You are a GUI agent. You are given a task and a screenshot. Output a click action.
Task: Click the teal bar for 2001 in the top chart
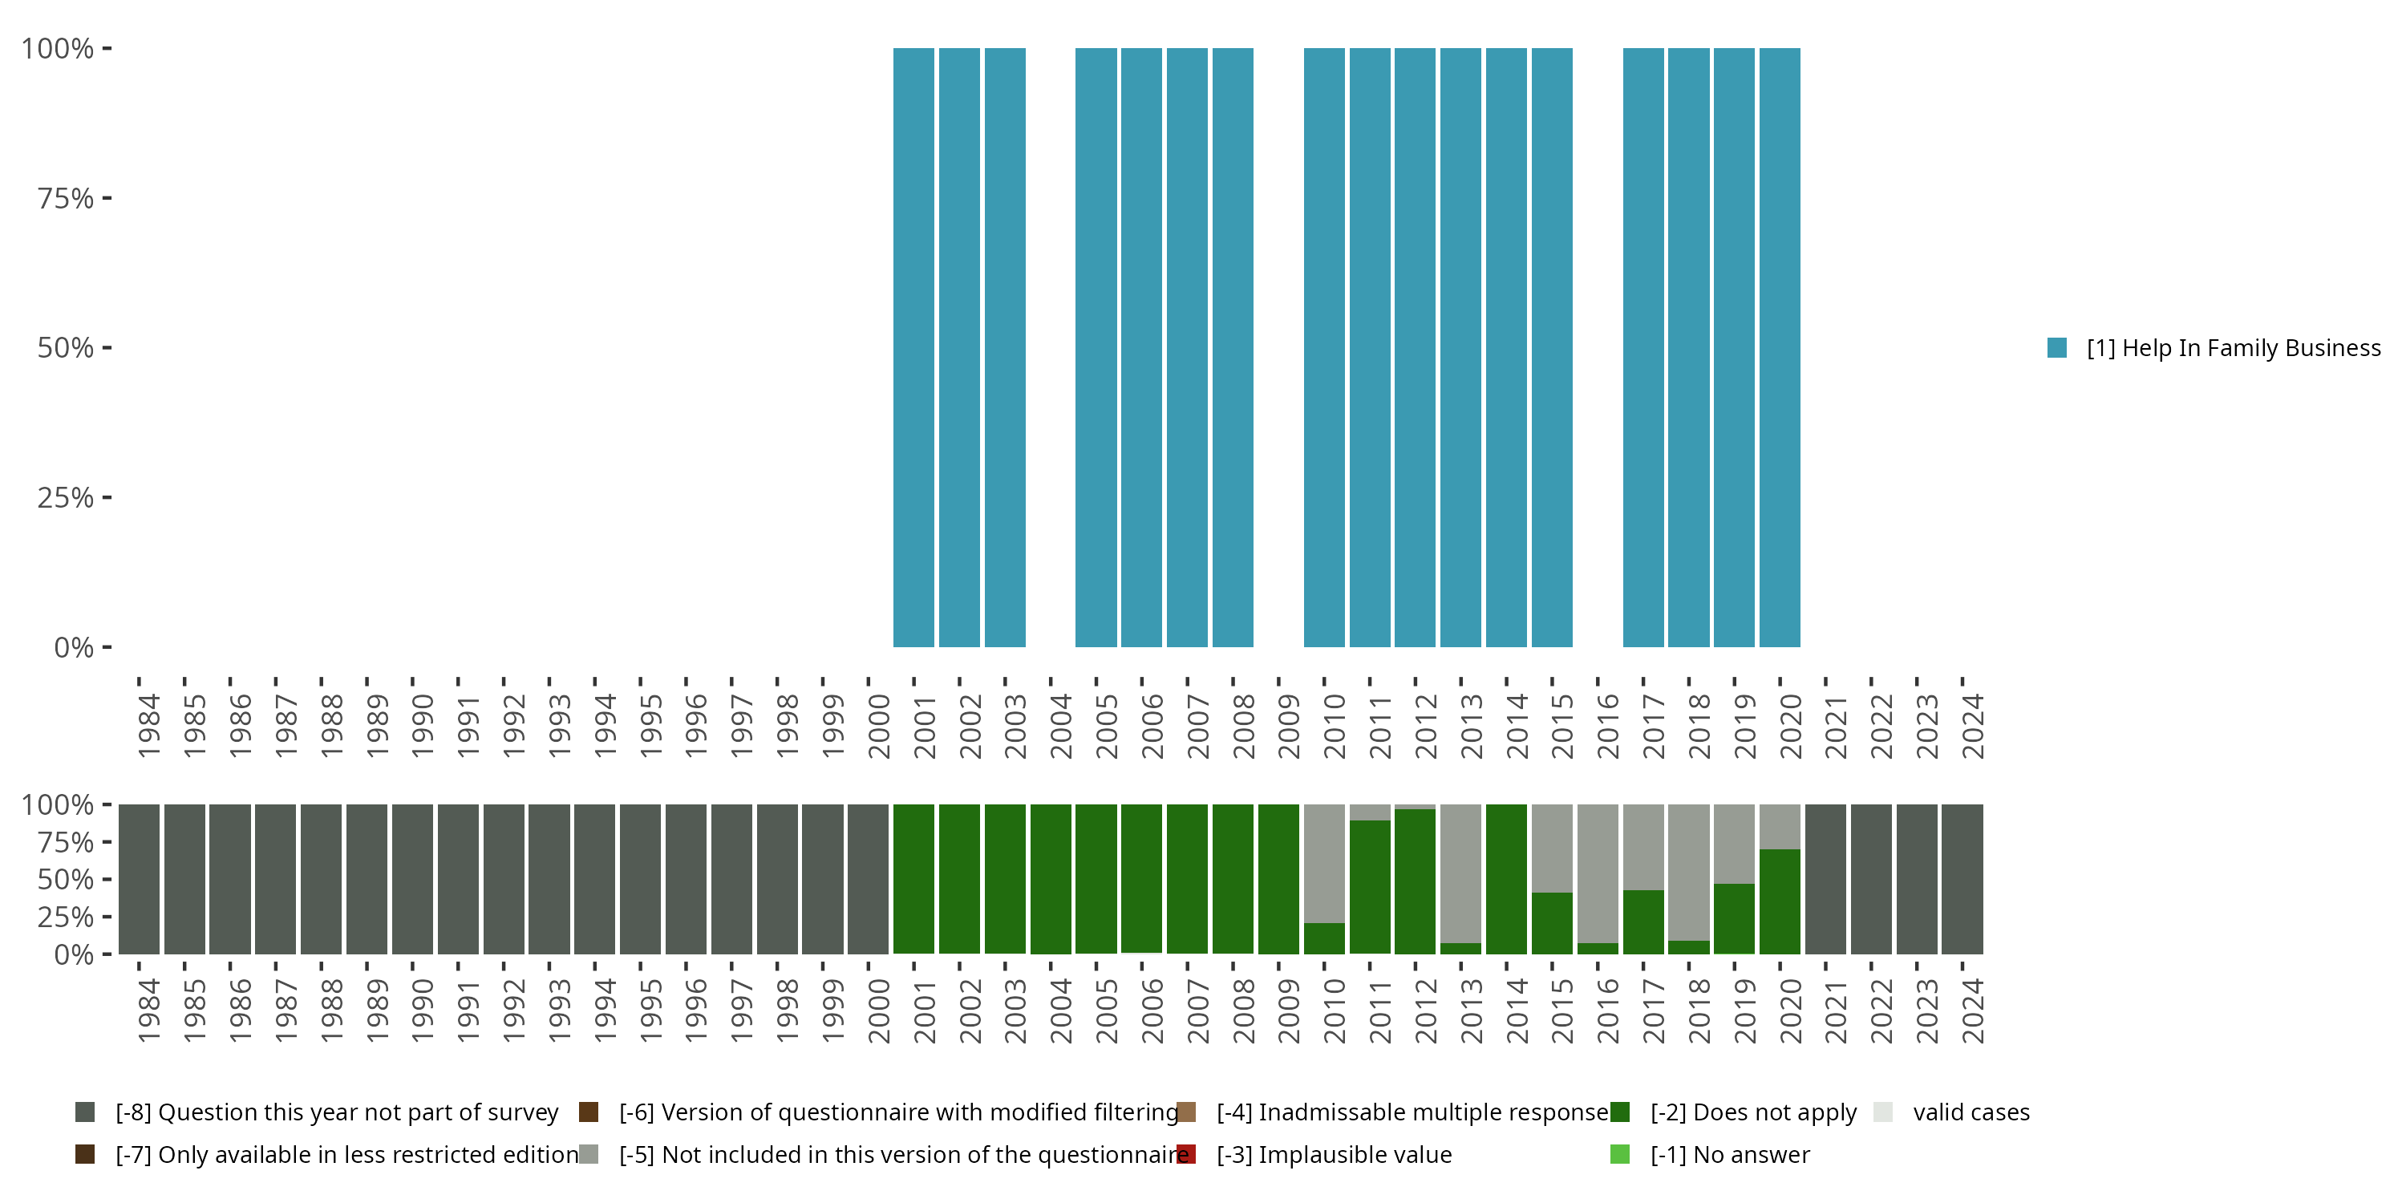pos(913,347)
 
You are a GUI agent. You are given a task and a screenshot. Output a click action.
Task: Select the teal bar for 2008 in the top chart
pos(1233,347)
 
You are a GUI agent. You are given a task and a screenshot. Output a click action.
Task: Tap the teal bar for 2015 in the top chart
pos(1553,347)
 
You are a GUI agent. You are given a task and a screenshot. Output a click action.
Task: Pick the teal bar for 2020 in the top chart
pos(1780,347)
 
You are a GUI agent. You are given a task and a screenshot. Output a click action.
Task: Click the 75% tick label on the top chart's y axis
pos(66,198)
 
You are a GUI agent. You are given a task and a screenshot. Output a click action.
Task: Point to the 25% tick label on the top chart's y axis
pos(66,498)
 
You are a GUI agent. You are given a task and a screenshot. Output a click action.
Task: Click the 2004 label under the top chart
pos(1061,726)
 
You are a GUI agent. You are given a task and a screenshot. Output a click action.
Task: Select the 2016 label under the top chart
pos(1608,726)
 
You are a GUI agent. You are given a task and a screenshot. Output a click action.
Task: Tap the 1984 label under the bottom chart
pos(149,1011)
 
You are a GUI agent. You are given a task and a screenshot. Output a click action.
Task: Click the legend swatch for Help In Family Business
pos(2056,347)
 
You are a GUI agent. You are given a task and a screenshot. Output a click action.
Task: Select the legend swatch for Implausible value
pos(1186,1154)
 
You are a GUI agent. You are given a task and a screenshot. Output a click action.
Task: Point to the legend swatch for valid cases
pos(1883,1112)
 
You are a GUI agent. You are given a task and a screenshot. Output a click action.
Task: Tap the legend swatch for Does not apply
pos(1621,1112)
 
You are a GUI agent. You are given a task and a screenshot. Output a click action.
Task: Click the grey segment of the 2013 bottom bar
pos(1460,874)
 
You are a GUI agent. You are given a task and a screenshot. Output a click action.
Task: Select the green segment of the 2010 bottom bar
pos(1324,938)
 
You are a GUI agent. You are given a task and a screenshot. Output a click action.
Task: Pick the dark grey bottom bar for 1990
pos(413,880)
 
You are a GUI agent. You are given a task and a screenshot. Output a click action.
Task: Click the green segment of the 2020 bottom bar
pos(1780,901)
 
